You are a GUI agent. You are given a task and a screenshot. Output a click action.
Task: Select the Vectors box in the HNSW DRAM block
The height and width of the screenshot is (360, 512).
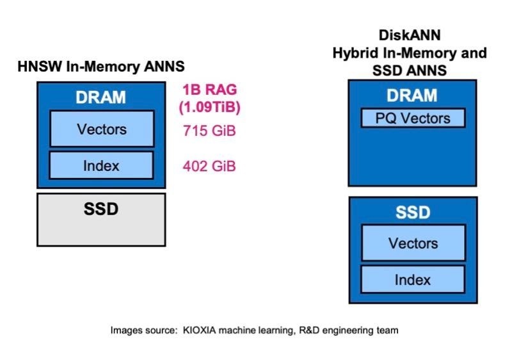click(102, 129)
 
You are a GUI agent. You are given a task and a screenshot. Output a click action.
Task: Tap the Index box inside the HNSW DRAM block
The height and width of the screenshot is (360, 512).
click(102, 166)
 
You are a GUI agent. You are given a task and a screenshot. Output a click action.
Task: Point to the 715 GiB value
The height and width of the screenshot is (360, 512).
click(210, 132)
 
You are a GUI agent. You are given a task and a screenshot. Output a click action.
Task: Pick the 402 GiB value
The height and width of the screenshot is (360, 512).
click(210, 167)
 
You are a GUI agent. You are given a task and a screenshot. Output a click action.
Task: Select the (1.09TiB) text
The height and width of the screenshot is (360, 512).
click(211, 106)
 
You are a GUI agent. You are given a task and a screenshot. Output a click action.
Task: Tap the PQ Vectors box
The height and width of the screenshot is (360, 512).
click(412, 118)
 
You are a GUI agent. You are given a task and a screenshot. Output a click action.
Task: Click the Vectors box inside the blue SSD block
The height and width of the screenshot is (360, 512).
click(413, 243)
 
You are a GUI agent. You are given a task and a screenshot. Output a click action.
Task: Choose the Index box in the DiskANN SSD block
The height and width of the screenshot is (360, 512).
click(413, 279)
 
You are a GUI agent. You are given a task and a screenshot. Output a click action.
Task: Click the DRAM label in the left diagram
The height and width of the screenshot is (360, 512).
click(101, 98)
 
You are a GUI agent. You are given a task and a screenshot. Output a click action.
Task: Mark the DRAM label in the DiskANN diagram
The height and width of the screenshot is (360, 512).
click(412, 95)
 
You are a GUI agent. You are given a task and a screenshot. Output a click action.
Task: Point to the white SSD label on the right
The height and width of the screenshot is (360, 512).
click(413, 212)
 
